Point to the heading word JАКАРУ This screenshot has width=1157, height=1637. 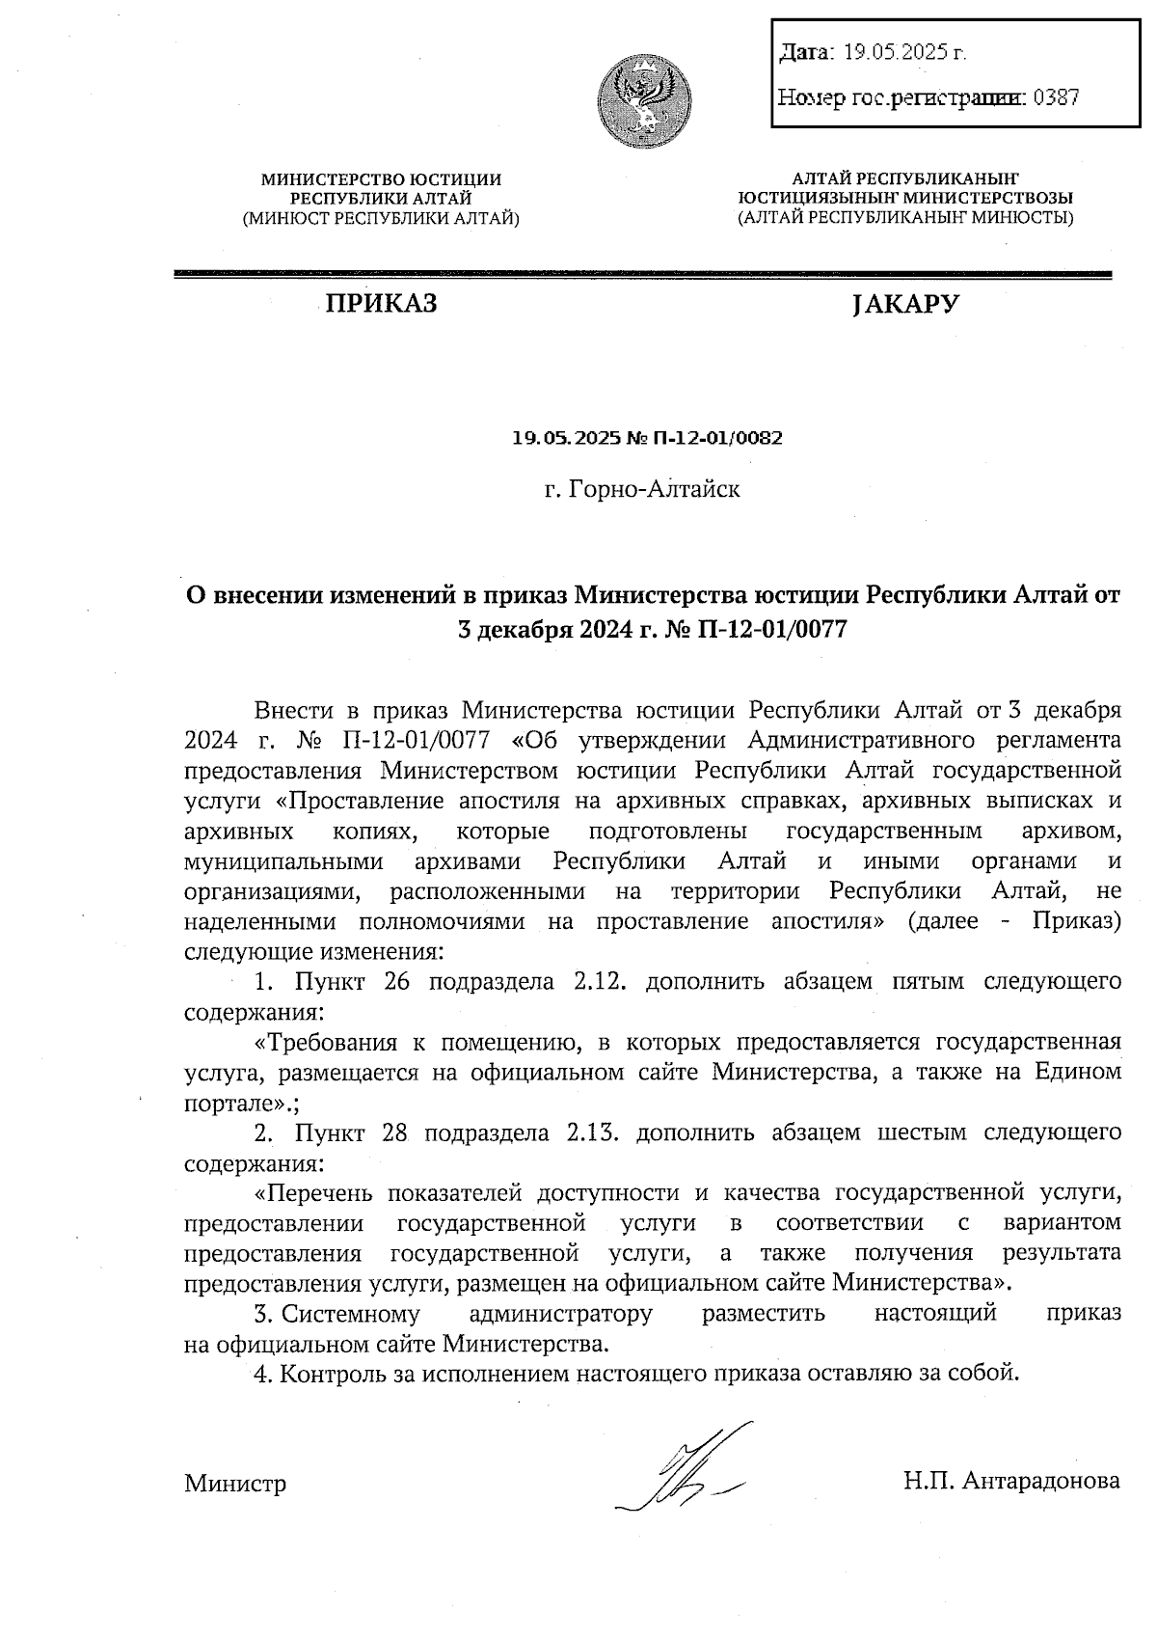tap(905, 305)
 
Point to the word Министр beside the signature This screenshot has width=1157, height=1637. tap(235, 1483)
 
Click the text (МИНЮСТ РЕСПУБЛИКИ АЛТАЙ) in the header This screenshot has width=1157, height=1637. tap(381, 219)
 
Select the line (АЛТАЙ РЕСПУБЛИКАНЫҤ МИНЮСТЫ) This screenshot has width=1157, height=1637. tap(904, 219)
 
